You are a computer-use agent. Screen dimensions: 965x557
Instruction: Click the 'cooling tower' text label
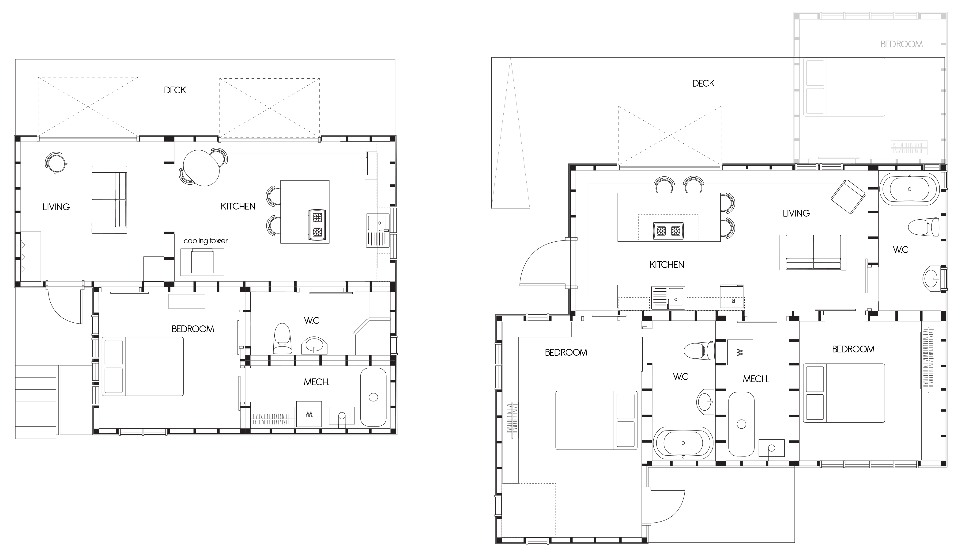click(206, 241)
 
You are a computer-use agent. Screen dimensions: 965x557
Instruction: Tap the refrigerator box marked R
click(731, 297)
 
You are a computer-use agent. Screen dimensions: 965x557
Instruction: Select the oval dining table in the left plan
click(201, 168)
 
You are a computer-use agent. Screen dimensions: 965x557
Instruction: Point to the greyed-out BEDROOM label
click(901, 44)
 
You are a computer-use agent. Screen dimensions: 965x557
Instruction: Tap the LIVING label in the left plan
click(56, 207)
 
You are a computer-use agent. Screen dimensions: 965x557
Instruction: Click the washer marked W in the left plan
click(309, 414)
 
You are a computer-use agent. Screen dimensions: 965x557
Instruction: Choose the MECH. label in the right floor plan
click(756, 379)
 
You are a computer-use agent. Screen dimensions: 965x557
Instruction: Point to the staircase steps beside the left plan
click(36, 402)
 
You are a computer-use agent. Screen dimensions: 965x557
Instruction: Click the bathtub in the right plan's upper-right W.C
click(909, 189)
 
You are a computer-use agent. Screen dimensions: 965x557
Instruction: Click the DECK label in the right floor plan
click(703, 83)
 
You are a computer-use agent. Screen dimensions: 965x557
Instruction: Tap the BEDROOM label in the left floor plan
click(193, 329)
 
